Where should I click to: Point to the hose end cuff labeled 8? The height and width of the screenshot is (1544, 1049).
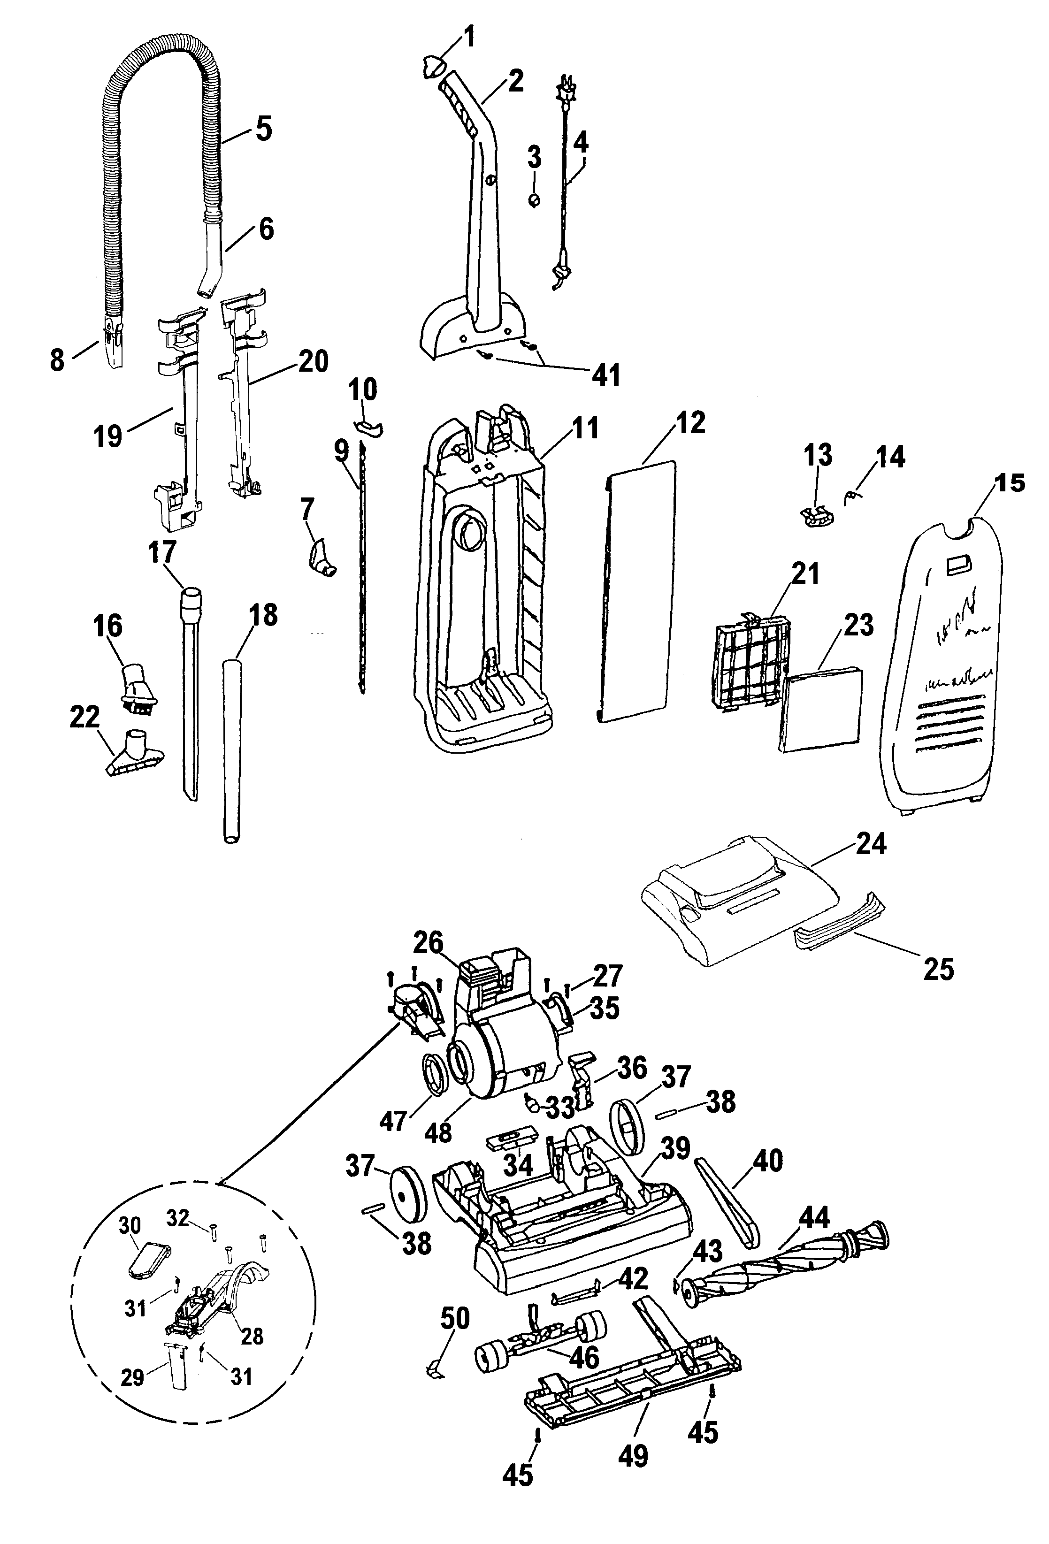pos(114,342)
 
